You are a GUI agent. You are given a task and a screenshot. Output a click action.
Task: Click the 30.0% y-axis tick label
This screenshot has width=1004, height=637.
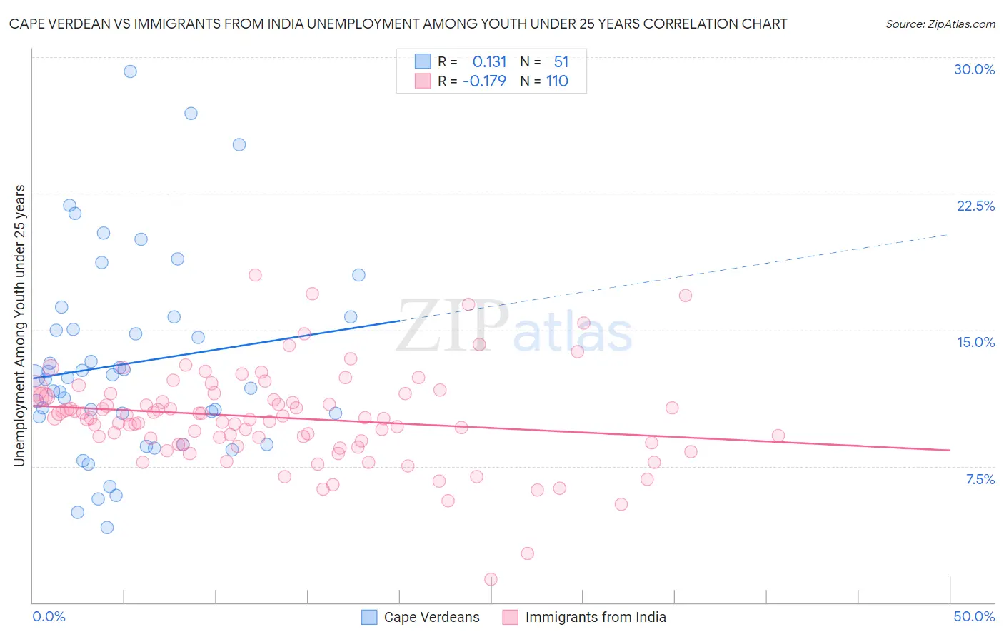[974, 69]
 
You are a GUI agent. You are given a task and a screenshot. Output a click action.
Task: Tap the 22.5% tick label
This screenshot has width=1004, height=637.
[975, 206]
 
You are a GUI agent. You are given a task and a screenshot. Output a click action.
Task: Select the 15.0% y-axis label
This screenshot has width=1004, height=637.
[975, 342]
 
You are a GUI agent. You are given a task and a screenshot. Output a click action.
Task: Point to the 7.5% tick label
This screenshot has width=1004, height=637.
[980, 479]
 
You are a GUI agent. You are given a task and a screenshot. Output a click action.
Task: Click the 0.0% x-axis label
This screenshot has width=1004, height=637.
[49, 616]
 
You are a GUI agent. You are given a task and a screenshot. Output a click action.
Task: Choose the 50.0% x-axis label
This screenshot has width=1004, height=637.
[974, 616]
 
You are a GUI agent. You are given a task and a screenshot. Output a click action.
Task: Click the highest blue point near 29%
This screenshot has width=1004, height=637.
[130, 71]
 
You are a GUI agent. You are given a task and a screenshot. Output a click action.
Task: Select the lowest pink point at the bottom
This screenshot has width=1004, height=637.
[491, 579]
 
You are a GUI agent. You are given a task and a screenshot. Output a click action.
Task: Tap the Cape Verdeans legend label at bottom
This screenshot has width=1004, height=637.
[431, 617]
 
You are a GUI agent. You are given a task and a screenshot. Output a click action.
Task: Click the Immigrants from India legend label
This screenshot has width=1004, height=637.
[596, 617]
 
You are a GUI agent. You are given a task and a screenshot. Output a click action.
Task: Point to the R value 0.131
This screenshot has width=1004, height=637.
[489, 62]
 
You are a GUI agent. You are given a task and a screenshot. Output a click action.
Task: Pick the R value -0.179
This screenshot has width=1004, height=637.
[484, 81]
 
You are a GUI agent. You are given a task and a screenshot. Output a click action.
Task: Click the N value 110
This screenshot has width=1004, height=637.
[557, 81]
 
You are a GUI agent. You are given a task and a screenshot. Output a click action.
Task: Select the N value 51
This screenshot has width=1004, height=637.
[561, 62]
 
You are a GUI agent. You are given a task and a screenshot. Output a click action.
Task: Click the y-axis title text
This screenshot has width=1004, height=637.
[20, 326]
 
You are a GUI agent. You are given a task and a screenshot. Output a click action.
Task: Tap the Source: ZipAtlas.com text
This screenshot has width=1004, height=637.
[940, 24]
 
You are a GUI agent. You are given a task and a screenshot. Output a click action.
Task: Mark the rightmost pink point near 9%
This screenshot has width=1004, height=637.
[778, 436]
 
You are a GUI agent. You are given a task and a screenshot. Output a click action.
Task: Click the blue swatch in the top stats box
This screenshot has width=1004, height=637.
[423, 61]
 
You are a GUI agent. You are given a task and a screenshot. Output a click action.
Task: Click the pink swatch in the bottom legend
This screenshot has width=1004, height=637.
[510, 617]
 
